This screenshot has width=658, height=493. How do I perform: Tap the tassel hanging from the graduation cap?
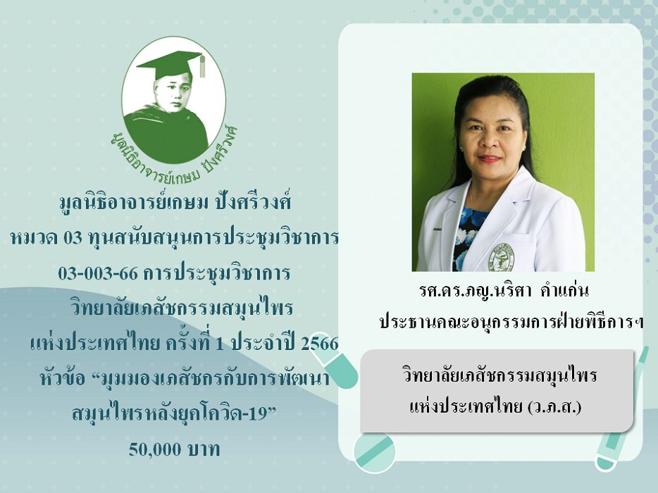coord(202,66)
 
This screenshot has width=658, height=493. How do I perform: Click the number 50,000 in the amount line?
coord(155,449)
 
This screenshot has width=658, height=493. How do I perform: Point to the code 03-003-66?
coord(98,273)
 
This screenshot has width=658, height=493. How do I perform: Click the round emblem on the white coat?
coord(502,257)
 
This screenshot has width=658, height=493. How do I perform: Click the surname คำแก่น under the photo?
coord(565,290)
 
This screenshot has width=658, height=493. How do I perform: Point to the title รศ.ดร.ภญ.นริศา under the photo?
coord(476,291)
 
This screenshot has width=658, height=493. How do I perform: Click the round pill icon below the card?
coord(374,452)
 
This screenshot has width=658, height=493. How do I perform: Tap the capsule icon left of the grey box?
coord(335,365)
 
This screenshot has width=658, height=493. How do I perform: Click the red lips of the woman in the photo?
coord(490,158)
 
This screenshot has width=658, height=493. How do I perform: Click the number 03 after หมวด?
coord(73,238)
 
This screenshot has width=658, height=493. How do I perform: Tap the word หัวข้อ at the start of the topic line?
coord(63,378)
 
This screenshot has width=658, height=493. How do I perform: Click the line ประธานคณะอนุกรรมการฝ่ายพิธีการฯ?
coord(511,323)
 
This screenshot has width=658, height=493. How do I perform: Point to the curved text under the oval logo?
coord(175,156)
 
